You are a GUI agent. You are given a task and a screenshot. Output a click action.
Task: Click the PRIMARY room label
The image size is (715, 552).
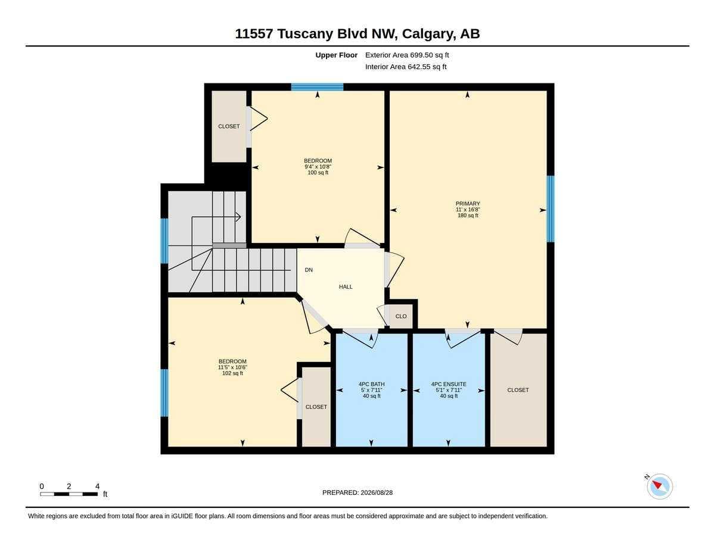(x=468, y=204)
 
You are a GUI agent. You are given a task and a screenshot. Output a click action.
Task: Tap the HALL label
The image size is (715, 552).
(x=346, y=286)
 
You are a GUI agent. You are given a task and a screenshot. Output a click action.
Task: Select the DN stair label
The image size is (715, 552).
(x=309, y=270)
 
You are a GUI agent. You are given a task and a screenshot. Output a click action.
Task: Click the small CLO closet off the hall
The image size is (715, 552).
(x=401, y=316)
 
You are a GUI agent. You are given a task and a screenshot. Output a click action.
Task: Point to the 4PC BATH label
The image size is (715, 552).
(x=371, y=384)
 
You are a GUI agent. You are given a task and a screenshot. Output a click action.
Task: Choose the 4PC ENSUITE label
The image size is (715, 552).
(x=449, y=384)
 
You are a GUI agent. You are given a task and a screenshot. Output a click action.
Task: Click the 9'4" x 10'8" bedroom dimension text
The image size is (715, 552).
(x=318, y=167)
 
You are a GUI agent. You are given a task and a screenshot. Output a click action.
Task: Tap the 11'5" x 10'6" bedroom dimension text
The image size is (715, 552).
(x=232, y=367)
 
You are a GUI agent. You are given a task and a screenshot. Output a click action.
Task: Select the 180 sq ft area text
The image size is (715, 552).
(x=468, y=216)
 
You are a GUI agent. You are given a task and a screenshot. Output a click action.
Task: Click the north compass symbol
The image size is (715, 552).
(x=660, y=486)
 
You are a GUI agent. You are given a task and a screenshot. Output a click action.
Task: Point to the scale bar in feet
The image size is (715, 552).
(x=69, y=494)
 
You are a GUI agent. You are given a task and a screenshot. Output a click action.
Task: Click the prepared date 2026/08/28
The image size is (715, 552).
(x=377, y=492)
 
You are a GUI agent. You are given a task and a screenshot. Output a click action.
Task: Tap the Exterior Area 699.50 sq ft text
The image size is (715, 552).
(x=407, y=55)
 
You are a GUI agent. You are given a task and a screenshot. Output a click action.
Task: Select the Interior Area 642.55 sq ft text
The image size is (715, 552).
(x=406, y=67)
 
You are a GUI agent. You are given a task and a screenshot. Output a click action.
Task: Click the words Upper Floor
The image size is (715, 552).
(x=336, y=55)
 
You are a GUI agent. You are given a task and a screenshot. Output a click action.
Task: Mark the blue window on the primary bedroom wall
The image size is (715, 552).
(x=551, y=209)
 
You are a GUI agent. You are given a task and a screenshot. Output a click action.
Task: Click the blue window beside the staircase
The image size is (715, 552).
(x=164, y=241)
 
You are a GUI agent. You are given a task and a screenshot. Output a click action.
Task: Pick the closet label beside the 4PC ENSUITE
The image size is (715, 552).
(x=518, y=390)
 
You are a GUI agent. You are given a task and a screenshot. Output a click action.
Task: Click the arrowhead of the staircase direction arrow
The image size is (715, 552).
(x=239, y=217)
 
